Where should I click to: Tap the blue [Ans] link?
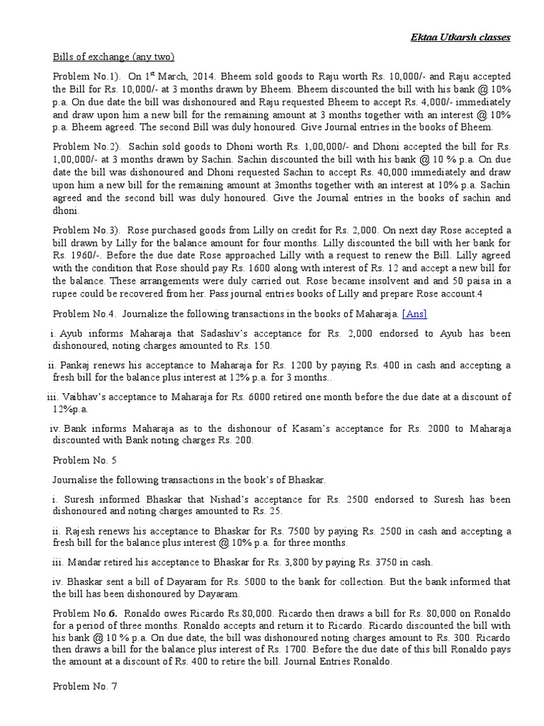point(414,314)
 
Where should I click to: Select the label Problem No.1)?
point(86,76)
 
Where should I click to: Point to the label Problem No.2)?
point(86,145)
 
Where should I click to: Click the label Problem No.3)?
point(86,230)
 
